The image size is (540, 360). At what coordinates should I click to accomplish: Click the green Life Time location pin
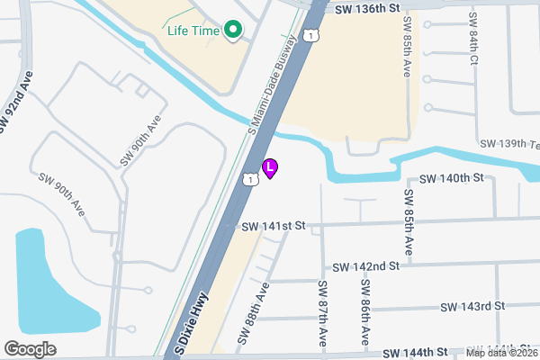click(x=233, y=31)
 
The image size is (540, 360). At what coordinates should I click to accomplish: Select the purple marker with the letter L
click(x=269, y=167)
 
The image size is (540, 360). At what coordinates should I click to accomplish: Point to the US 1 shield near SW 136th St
click(x=310, y=35)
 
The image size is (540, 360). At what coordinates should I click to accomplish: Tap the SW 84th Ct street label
click(x=472, y=39)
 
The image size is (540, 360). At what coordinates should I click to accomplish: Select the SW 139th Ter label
click(x=509, y=144)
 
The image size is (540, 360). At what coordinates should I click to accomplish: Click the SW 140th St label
click(x=451, y=179)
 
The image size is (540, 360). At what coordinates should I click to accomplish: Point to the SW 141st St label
click(x=274, y=226)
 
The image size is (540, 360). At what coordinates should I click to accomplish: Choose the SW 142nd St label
click(x=365, y=266)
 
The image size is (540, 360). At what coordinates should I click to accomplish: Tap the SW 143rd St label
click(x=472, y=307)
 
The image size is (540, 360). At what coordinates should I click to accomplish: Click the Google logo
click(x=30, y=348)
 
